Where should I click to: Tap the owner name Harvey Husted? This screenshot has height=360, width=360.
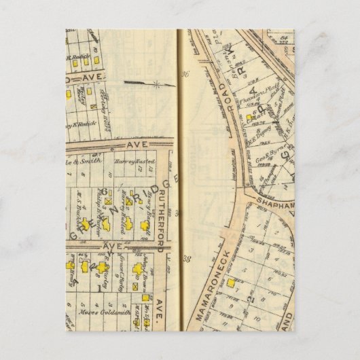pyautogui.click(x=137, y=162)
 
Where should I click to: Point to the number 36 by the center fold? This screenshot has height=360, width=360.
pyautogui.click(x=184, y=75)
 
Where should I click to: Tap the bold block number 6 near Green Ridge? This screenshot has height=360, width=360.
pyautogui.click(x=105, y=191)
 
